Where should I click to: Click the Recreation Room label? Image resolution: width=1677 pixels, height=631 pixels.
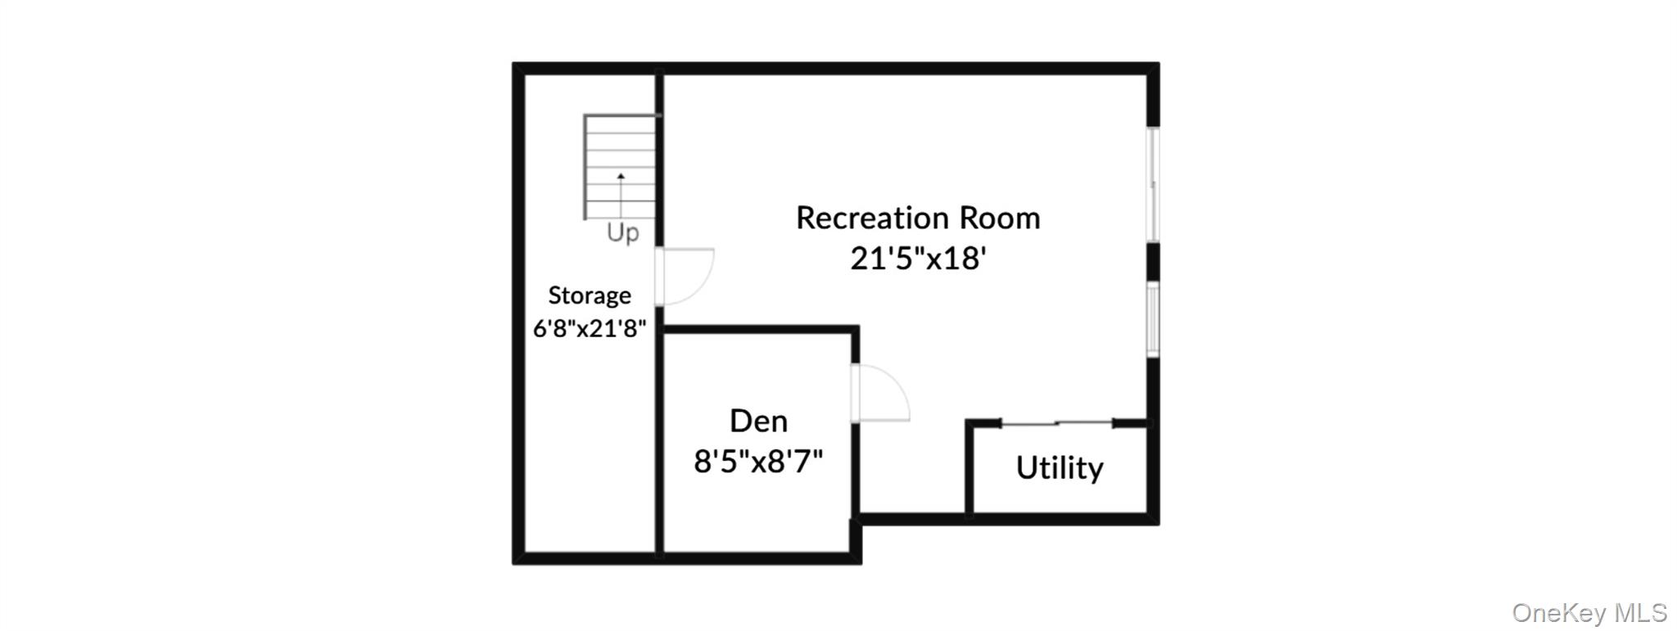(918, 219)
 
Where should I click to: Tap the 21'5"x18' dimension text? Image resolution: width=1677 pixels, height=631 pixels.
(918, 259)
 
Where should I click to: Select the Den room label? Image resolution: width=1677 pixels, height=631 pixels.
(758, 421)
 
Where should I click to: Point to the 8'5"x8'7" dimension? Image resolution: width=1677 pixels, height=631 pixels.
(758, 462)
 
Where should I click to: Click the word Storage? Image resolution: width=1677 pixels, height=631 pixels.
(590, 295)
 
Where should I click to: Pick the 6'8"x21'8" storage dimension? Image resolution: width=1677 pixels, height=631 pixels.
(590, 328)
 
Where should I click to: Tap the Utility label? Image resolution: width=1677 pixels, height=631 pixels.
(1060, 468)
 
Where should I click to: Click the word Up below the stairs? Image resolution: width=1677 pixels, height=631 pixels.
(622, 233)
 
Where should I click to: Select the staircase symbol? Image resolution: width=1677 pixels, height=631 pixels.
(621, 167)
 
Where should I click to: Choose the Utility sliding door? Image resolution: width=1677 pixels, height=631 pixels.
(1056, 423)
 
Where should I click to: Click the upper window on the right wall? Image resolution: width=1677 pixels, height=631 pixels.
(1153, 184)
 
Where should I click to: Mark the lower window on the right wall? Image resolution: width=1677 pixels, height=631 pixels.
(1153, 318)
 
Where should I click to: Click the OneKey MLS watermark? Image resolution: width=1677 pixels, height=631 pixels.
(1589, 612)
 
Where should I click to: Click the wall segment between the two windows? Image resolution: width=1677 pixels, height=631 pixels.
(1153, 261)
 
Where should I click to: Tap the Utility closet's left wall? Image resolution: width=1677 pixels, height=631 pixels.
(970, 470)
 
